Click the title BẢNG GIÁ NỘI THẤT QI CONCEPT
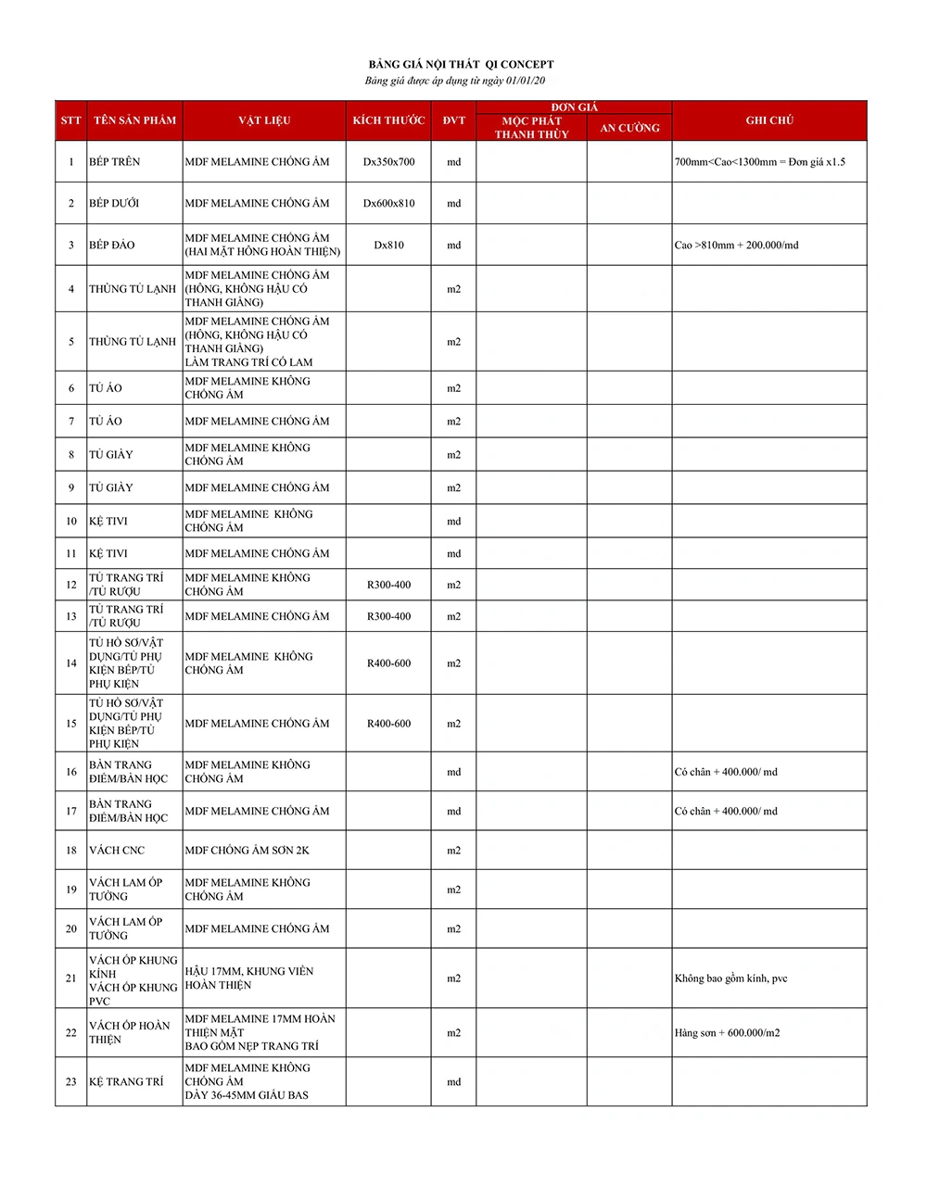tap(461, 64)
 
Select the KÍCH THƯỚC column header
tap(388, 120)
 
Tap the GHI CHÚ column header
tap(769, 120)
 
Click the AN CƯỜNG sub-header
tap(629, 128)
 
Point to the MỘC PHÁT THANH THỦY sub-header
tap(531, 128)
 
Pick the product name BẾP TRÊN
tap(115, 162)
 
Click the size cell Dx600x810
tap(388, 204)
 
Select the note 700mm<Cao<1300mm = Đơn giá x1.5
tap(760, 162)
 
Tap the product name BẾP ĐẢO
tap(112, 246)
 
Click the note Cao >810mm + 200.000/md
tap(736, 246)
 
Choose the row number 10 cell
tap(71, 522)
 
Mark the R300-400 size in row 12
tap(388, 585)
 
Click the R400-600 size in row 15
tap(388, 724)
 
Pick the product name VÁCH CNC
tap(117, 851)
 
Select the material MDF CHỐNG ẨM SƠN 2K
tap(247, 851)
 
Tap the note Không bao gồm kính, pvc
tap(730, 978)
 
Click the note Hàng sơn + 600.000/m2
tap(727, 1033)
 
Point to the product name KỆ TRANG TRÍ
tap(126, 1082)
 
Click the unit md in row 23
tap(453, 1082)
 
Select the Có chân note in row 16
tap(726, 772)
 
